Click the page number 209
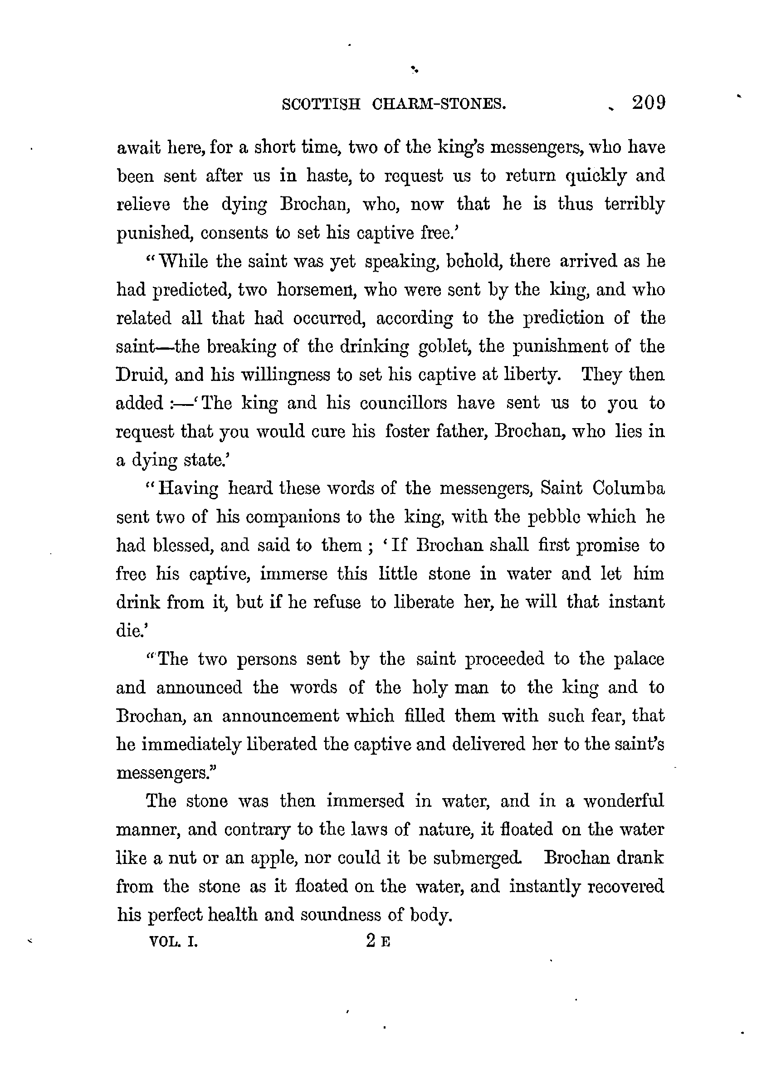649,102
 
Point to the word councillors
403,403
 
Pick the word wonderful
623,801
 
